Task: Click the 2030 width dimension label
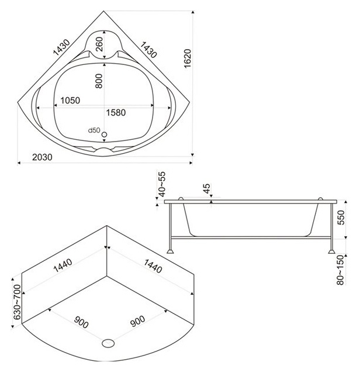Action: (42, 157)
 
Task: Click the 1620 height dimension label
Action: (188, 58)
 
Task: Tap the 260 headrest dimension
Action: (99, 44)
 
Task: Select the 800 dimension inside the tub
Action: (99, 81)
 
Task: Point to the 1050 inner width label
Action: (70, 101)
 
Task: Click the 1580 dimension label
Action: (116, 112)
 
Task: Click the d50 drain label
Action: (94, 130)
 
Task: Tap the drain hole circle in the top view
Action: (104, 135)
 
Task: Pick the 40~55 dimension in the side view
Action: (162, 184)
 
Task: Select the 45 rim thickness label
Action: (207, 188)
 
